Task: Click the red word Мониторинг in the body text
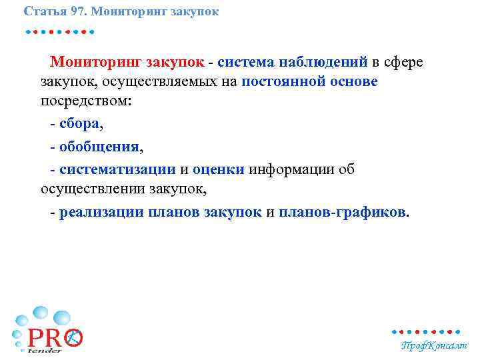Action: pos(96,62)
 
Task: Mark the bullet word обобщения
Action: pos(99,146)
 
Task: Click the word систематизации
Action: pos(117,169)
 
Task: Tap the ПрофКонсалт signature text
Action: pos(434,346)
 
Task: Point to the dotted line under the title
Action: pos(59,31)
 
